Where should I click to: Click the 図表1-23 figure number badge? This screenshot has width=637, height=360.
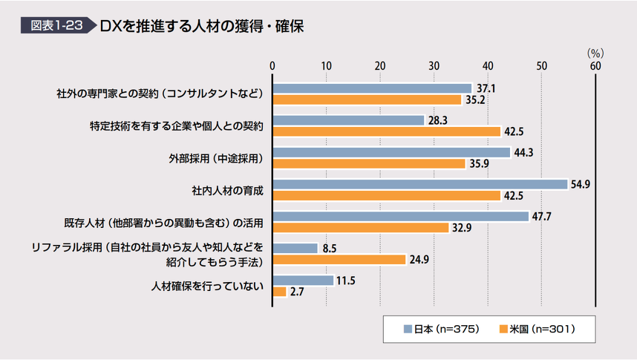pyautogui.click(x=56, y=26)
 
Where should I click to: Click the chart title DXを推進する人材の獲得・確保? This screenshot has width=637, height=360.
pyautogui.click(x=201, y=26)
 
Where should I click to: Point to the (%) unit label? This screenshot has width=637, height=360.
pyautogui.click(x=595, y=53)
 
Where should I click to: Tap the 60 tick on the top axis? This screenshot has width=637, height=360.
pyautogui.click(x=595, y=65)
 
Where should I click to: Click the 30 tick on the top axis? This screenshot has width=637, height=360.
pyautogui.click(x=434, y=65)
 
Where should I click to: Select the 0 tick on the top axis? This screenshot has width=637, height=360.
pyautogui.click(x=273, y=65)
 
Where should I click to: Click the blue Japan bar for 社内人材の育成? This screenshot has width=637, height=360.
pyautogui.click(x=420, y=184)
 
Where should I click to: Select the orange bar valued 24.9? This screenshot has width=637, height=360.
pyautogui.click(x=339, y=260)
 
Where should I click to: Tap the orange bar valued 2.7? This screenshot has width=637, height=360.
pyautogui.click(x=280, y=292)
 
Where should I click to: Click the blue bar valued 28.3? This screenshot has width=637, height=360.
pyautogui.click(x=349, y=120)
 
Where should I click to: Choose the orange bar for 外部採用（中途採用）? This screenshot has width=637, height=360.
pyautogui.click(x=369, y=163)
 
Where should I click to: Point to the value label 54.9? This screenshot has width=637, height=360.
pyautogui.click(x=580, y=184)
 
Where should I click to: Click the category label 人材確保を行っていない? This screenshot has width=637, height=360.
pyautogui.click(x=208, y=286)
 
